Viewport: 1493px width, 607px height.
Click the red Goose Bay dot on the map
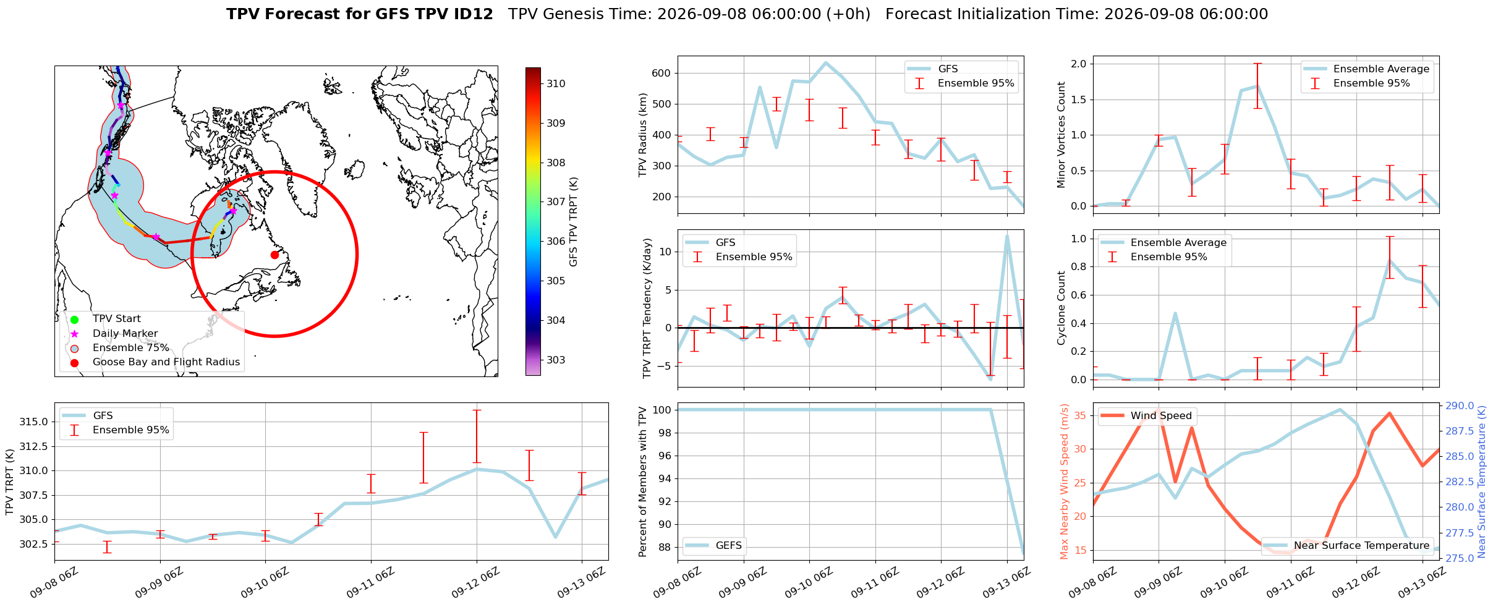click(x=274, y=255)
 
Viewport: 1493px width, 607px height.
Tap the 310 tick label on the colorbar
click(x=556, y=84)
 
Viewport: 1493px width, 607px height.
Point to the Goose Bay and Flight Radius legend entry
click(x=155, y=362)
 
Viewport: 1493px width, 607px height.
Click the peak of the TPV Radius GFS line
click(x=826, y=62)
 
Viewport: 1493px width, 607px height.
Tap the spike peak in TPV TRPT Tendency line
click(x=1007, y=236)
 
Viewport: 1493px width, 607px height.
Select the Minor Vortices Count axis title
click(x=1061, y=135)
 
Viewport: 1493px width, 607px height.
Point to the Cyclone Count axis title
click(x=1061, y=308)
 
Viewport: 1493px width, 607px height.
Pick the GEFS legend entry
click(x=713, y=545)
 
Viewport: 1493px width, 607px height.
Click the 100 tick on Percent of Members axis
click(x=662, y=410)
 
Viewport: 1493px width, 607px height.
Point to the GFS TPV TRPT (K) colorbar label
click(x=573, y=222)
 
